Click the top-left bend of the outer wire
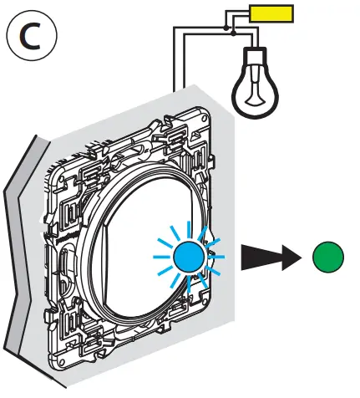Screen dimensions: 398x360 (174, 27)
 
